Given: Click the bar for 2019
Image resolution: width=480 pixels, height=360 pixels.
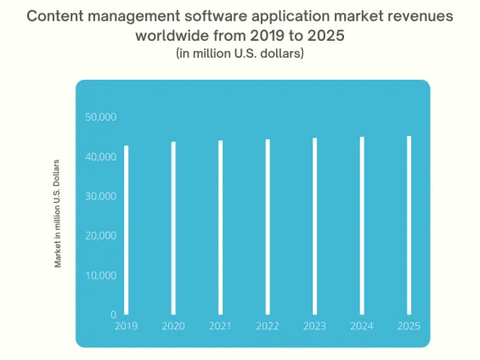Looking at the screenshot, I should (127, 230).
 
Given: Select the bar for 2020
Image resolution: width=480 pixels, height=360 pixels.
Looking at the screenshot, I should (173, 228).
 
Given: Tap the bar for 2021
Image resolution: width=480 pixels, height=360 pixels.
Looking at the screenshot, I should (221, 228).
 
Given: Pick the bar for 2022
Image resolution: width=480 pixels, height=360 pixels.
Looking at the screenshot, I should (268, 227).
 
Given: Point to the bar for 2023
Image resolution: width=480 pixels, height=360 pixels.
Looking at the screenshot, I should (315, 226).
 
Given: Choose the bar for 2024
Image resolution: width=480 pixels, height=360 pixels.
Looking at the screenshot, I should (362, 226).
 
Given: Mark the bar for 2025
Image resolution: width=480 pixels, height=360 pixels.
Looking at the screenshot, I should (409, 225).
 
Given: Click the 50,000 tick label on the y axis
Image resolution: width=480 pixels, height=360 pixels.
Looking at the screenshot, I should (101, 117).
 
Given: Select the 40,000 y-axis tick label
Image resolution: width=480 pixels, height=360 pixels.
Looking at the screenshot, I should (101, 157).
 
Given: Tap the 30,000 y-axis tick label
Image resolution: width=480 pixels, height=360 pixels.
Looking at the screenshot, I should (101, 196).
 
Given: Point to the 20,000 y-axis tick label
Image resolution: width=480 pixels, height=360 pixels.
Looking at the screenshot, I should (101, 236).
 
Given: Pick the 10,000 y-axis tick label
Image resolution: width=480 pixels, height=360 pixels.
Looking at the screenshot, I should (101, 276).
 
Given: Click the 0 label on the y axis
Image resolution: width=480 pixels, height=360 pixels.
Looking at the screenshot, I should (113, 315).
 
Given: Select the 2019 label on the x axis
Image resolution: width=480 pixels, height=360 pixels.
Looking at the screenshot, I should (127, 325).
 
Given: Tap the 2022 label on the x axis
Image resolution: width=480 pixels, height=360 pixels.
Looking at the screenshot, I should (268, 325).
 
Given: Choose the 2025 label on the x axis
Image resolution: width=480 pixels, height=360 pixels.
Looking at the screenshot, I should (409, 325).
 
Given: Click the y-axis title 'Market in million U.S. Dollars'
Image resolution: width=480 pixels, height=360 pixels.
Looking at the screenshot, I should (59, 213).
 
